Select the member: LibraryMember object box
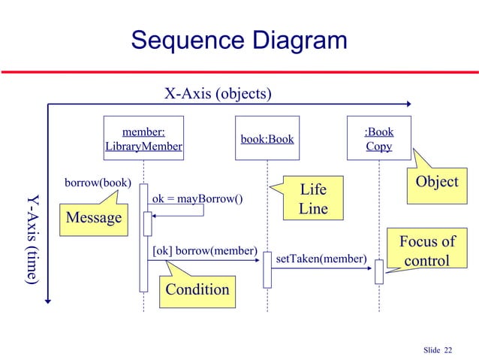[143, 139]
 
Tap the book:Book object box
[267, 139]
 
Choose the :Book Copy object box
[378, 139]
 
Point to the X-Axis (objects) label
[218, 94]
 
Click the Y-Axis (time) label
[32, 240]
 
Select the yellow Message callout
[94, 218]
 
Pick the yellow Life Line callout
[312, 198]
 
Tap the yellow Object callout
[436, 183]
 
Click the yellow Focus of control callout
[426, 251]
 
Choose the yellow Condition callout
[197, 289]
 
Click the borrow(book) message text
[98, 183]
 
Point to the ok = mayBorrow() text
[197, 199]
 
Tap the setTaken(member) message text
[321, 259]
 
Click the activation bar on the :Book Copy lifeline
[379, 271]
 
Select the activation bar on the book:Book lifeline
[267, 269]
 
